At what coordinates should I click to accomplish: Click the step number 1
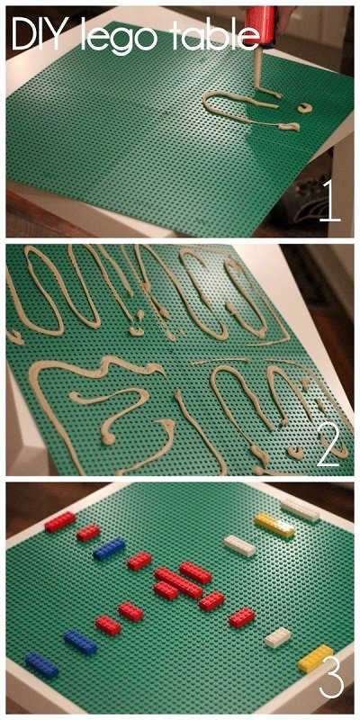(x=329, y=201)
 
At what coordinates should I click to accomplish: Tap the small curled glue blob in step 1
(x=304, y=108)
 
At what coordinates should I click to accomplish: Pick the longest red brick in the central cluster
(x=178, y=583)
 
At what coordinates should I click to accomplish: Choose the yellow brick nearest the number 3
(x=316, y=658)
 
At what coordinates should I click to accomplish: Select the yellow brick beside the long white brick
(x=274, y=526)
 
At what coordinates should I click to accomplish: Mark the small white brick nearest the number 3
(x=278, y=637)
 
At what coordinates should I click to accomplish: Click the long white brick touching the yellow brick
(x=301, y=509)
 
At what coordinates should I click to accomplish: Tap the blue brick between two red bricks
(x=109, y=549)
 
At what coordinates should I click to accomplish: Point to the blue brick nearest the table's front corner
(x=41, y=665)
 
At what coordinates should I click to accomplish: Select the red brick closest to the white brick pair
(x=242, y=617)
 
